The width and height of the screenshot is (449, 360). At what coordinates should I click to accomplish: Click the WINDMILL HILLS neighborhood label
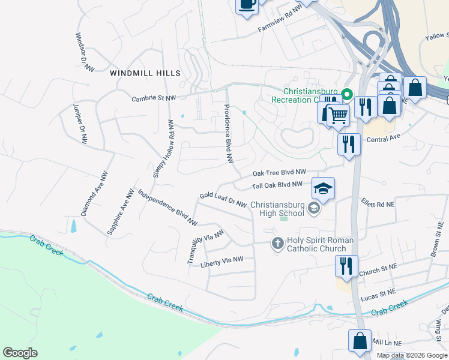click(145, 73)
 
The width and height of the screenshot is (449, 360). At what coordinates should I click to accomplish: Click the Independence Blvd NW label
click(167, 208)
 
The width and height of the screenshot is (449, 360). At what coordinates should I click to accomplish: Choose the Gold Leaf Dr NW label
click(223, 199)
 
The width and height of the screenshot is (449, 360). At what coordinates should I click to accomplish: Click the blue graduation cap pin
click(323, 188)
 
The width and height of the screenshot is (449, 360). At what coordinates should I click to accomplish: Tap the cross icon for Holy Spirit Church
click(277, 243)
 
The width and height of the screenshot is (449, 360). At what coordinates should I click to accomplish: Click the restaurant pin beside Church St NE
click(346, 266)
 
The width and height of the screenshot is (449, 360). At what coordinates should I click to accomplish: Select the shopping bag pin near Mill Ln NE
click(359, 340)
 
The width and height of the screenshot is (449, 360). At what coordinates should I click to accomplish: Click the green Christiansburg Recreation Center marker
click(346, 94)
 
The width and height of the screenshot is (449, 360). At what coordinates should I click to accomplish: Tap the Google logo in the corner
click(20, 353)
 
